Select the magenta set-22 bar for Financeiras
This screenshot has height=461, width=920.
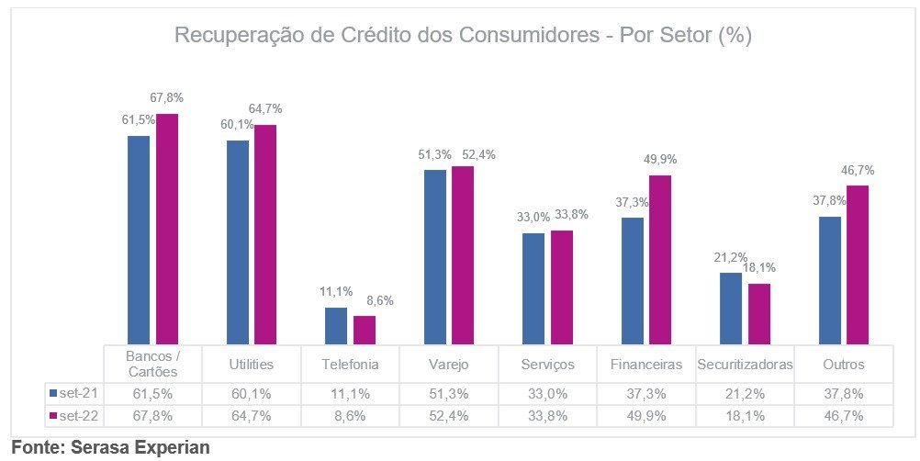pos(660,260)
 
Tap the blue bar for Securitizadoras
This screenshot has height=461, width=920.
pos(731,309)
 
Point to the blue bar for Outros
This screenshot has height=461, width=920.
pos(830,280)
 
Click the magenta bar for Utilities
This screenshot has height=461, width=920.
pos(265,234)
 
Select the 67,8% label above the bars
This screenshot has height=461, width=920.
pos(166,97)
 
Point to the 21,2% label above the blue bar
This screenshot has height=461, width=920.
pos(731,257)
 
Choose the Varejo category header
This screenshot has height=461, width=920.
pos(449,365)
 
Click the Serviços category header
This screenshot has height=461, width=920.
pos(548,365)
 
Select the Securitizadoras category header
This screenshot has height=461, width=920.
pos(745,365)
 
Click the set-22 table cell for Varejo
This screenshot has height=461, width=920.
pos(449,415)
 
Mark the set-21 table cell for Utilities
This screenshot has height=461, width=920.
pos(251,393)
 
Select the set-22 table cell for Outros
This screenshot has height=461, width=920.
pos(844,415)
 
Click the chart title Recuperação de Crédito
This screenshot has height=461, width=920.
pos(463,37)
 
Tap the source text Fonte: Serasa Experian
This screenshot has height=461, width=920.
pos(110,447)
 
